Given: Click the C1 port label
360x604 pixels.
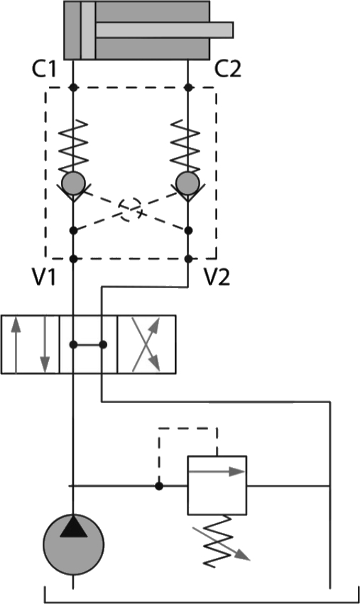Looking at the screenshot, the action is [44, 70].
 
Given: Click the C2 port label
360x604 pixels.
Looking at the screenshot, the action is [227, 70].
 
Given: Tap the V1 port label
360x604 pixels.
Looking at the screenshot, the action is [44, 277].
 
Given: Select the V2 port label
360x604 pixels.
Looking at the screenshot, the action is [217, 277].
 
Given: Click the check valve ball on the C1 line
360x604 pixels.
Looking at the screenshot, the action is [73, 183].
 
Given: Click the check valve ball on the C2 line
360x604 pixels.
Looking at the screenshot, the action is [187, 183].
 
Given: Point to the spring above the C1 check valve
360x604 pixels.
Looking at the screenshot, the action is [73, 146].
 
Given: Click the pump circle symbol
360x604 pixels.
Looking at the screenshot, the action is [73, 544].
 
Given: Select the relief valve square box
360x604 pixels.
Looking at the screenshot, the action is [217, 485].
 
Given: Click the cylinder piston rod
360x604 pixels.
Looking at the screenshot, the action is [165, 30].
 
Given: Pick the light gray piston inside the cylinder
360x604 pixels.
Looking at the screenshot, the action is [88, 30].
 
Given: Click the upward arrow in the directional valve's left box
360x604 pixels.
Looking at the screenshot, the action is [16, 345].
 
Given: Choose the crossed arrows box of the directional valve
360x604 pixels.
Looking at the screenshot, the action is [146, 344].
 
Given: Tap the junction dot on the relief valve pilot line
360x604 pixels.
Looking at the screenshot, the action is [159, 486].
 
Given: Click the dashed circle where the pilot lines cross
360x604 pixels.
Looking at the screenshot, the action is [130, 209].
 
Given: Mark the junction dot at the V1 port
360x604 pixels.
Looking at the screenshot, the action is [74, 258].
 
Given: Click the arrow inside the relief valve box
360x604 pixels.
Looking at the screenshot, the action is [217, 471].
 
